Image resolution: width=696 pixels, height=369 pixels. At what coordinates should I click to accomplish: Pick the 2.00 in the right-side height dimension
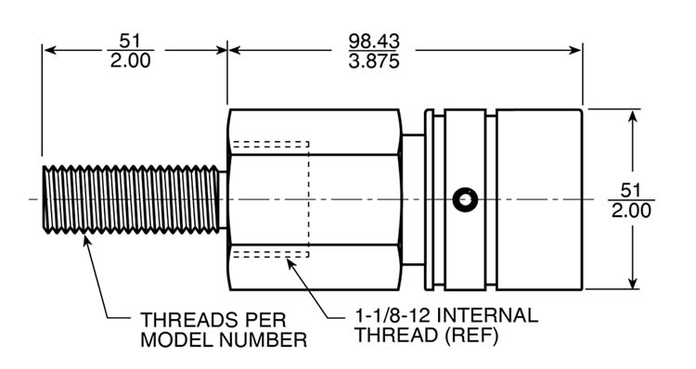(632, 210)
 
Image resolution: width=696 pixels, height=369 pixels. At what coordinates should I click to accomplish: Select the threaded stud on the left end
(131, 200)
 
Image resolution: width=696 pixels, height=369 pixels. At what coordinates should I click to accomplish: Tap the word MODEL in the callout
(174, 340)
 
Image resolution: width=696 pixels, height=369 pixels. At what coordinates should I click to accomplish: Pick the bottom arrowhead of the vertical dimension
(633, 286)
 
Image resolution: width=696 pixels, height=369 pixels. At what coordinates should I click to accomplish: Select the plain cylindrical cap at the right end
(538, 200)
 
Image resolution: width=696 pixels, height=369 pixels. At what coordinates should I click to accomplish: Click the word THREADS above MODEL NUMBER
(183, 316)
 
